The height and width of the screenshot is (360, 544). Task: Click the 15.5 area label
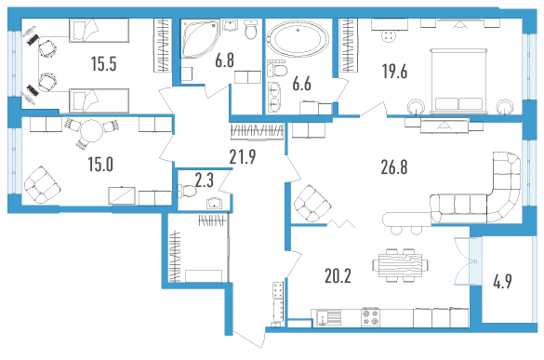103,64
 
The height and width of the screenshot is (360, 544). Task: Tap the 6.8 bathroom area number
224,60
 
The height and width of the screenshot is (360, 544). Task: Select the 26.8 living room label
394,167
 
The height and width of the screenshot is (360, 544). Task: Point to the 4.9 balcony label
502,281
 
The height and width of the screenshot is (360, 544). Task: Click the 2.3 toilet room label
204,180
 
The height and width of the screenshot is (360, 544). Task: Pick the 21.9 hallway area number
243,156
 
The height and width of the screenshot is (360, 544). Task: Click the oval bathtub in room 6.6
298,39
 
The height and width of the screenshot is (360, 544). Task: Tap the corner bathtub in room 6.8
200,38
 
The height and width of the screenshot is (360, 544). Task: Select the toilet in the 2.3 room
187,191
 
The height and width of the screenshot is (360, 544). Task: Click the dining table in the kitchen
400,265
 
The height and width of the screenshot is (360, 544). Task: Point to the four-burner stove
370,317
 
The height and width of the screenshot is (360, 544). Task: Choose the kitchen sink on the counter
328,317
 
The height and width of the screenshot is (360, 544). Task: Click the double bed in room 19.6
458,81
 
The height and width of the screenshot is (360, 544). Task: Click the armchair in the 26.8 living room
312,204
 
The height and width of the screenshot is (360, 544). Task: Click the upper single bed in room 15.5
99,31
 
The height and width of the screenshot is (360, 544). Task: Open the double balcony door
468,261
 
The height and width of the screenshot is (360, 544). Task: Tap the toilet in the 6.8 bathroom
250,30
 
